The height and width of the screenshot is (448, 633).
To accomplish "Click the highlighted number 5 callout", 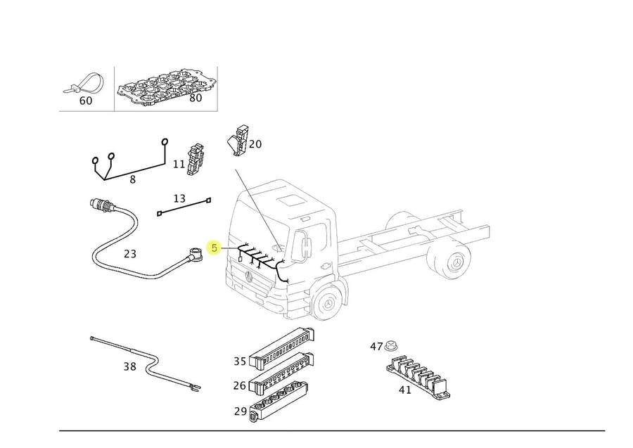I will [x=215, y=248].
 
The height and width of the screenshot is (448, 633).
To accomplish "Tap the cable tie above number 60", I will [x=86, y=82].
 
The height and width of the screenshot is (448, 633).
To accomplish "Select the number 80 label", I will [x=196, y=98].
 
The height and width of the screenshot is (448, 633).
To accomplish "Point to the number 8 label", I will [x=132, y=179].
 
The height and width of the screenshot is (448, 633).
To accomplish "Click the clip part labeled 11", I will [x=196, y=159].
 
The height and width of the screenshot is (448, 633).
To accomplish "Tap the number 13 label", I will [x=179, y=198].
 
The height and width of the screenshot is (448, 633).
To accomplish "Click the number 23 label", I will [x=130, y=254].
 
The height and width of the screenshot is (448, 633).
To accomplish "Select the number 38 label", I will [x=129, y=366].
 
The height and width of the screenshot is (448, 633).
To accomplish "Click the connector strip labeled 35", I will [x=281, y=350].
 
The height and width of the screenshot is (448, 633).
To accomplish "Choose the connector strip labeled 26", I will [x=281, y=373].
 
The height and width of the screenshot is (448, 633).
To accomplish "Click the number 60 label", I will [x=85, y=101].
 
